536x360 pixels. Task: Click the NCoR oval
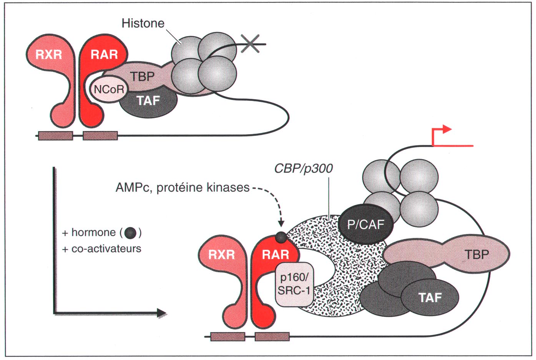pyautogui.click(x=109, y=89)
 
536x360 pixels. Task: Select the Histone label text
pyautogui.click(x=143, y=23)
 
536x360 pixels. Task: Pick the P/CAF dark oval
pyautogui.click(x=365, y=224)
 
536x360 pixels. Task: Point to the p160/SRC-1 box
pyautogui.click(x=294, y=284)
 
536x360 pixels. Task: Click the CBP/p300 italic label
pyautogui.click(x=304, y=168)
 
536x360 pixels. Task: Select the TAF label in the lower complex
pyautogui.click(x=430, y=297)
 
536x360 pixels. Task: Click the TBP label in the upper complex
pyautogui.click(x=142, y=76)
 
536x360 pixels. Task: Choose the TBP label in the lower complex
pyautogui.click(x=477, y=254)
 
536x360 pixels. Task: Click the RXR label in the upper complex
pyautogui.click(x=49, y=55)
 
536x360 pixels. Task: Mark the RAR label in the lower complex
pyautogui.click(x=275, y=254)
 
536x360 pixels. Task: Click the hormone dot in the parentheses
pyautogui.click(x=131, y=232)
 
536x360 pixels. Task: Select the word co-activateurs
pyautogui.click(x=106, y=249)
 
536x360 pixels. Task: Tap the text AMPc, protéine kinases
pyautogui.click(x=183, y=187)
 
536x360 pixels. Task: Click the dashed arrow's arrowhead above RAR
pyautogui.click(x=281, y=223)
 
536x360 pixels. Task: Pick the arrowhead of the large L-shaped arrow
pyautogui.click(x=161, y=313)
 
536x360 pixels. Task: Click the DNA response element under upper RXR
pyautogui.click(x=55, y=135)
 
